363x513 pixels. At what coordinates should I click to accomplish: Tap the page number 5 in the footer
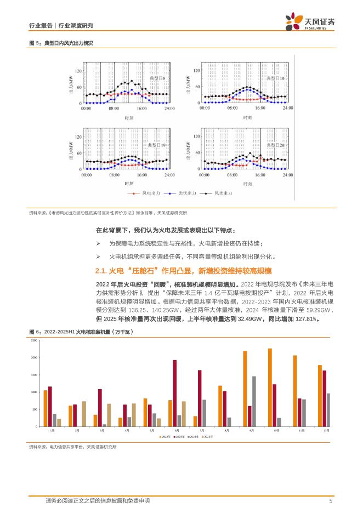331,501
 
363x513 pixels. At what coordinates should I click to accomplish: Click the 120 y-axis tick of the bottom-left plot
78,137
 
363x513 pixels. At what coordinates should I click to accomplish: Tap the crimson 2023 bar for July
200,398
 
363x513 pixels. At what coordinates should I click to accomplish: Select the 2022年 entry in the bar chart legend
165,436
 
